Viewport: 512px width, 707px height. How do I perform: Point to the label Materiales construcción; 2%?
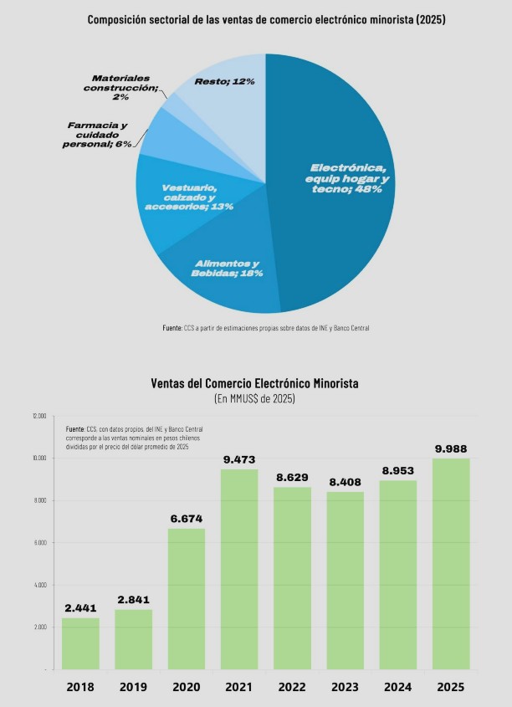pyautogui.click(x=125, y=87)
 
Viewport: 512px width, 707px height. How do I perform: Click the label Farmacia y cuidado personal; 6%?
pyautogui.click(x=99, y=135)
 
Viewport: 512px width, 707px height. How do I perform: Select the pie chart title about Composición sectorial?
pyautogui.click(x=266, y=19)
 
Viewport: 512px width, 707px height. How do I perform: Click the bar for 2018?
pyautogui.click(x=80, y=643)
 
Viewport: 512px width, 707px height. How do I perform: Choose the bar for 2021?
pyautogui.click(x=239, y=569)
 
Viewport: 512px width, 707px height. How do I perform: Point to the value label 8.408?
pyautogui.click(x=345, y=481)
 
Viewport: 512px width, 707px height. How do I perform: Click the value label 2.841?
pyautogui.click(x=133, y=599)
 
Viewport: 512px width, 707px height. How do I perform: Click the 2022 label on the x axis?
pyautogui.click(x=292, y=687)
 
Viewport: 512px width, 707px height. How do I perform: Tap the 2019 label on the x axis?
pyautogui.click(x=133, y=687)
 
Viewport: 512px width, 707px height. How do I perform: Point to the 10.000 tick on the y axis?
pyautogui.click(x=39, y=459)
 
